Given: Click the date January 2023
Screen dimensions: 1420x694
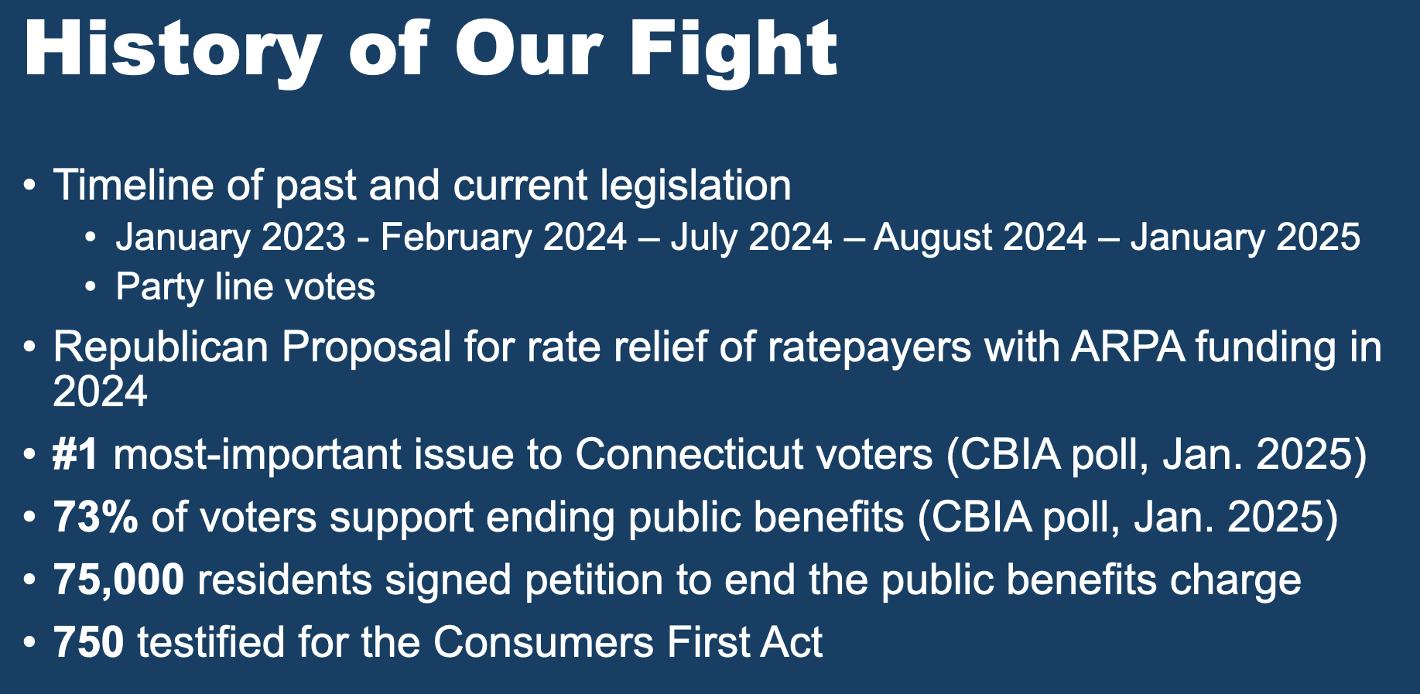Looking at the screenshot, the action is [x=231, y=237].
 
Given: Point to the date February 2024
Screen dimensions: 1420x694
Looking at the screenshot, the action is [x=503, y=237].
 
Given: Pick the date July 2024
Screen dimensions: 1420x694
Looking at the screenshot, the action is [x=751, y=237].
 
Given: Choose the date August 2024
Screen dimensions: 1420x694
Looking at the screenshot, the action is [x=980, y=237].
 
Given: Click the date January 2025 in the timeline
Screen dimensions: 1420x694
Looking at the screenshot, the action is [x=1245, y=237].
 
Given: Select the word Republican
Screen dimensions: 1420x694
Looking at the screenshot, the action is [x=160, y=347].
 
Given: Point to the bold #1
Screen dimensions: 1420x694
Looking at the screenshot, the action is [x=76, y=454].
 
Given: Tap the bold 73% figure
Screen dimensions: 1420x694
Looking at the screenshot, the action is [x=95, y=517].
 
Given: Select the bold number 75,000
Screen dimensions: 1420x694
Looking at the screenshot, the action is [x=118, y=580].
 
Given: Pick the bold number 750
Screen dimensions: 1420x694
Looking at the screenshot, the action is [x=88, y=643].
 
